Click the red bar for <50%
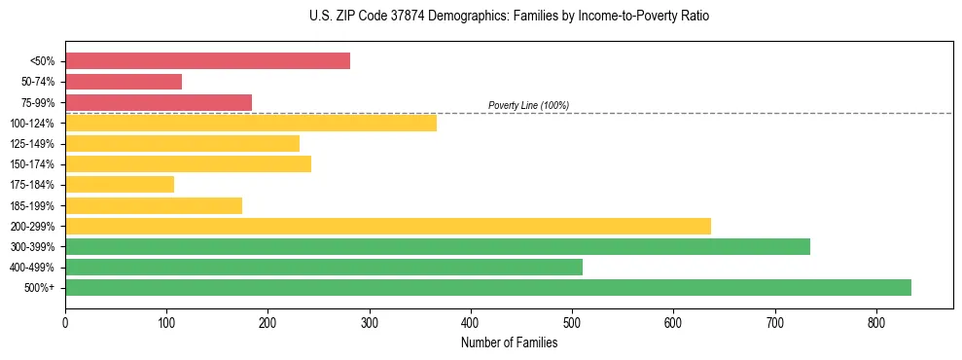[207, 61]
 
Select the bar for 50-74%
[124, 82]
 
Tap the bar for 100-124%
[251, 123]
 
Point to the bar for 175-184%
[120, 184]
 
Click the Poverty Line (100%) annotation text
[528, 105]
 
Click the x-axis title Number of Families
[509, 342]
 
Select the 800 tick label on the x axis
[876, 321]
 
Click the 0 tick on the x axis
[65, 321]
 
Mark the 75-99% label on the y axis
[38, 102]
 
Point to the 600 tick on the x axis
[673, 321]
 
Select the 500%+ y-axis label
[40, 287]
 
